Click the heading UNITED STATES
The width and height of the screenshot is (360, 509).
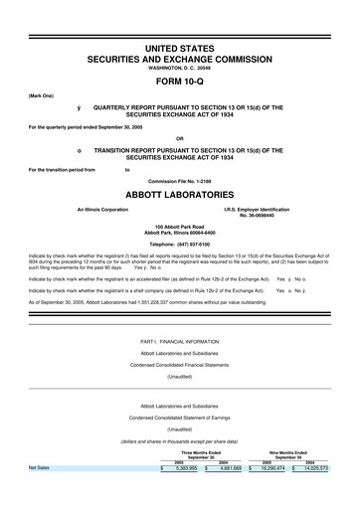pyautogui.click(x=180, y=48)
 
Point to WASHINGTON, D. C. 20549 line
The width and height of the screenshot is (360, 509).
pyautogui.click(x=180, y=69)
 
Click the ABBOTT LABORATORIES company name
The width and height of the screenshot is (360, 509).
pyautogui.click(x=180, y=195)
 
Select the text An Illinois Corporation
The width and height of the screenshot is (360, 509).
pyautogui.click(x=95, y=210)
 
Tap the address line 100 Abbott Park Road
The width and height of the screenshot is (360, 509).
pyautogui.click(x=180, y=228)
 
